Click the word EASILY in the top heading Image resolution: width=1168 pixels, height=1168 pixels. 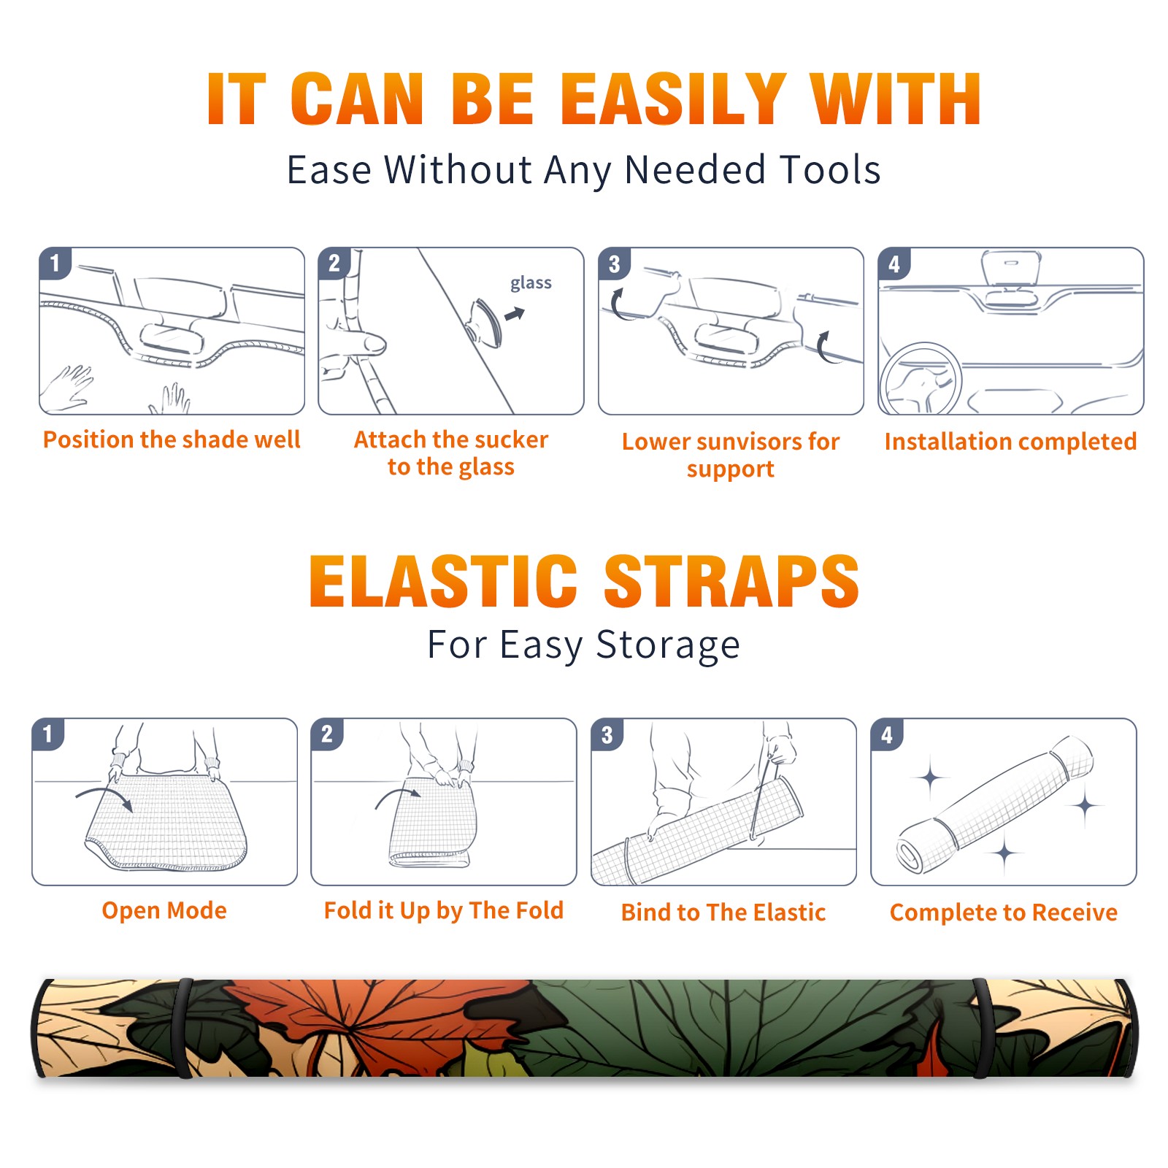[673, 99]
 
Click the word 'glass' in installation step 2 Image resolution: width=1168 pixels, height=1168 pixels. [531, 283]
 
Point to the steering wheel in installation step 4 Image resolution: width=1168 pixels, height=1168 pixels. [921, 378]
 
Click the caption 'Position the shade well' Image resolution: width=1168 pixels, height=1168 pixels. [172, 439]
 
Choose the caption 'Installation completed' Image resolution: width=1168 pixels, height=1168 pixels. [1010, 442]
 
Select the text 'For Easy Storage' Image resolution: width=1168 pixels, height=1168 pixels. [584, 645]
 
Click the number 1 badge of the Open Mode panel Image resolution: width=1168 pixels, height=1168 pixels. [48, 734]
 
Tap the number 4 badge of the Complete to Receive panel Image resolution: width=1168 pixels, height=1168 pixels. [887, 734]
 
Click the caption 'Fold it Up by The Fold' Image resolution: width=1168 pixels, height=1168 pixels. [444, 910]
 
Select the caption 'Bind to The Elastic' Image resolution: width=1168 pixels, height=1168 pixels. [723, 912]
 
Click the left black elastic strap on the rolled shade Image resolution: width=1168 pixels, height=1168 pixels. [183, 1028]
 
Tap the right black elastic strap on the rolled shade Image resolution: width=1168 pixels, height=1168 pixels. [983, 1028]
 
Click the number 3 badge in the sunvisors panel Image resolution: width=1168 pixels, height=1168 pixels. [614, 264]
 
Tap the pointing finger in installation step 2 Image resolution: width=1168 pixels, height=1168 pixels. [356, 343]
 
